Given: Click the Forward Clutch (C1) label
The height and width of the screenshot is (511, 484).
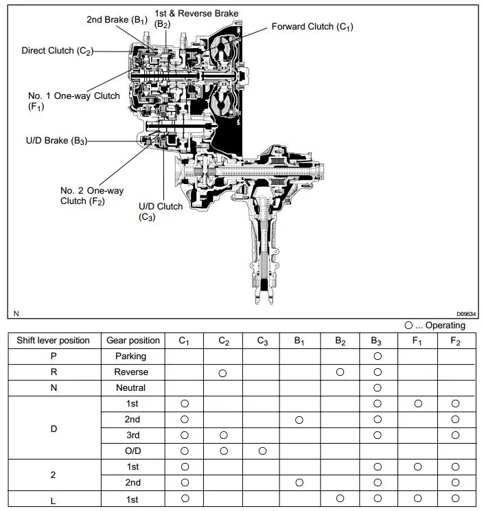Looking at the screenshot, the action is pyautogui.click(x=312, y=27).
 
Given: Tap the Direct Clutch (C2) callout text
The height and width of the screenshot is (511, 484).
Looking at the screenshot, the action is pyautogui.click(x=57, y=51).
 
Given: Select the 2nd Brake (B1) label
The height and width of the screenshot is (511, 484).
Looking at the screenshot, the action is pyautogui.click(x=117, y=20).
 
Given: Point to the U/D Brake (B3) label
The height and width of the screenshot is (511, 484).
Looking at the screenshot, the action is pyautogui.click(x=57, y=141).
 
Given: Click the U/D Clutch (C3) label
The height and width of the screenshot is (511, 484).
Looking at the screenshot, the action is pyautogui.click(x=161, y=212).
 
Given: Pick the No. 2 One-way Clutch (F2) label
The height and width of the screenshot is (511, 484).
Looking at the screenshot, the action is pyautogui.click(x=92, y=196).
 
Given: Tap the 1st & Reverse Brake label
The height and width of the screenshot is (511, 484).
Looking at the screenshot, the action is pyautogui.click(x=196, y=14).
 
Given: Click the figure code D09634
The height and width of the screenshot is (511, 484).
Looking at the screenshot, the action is pyautogui.click(x=466, y=314).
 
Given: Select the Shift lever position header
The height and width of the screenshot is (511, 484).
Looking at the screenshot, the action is pyautogui.click(x=53, y=341).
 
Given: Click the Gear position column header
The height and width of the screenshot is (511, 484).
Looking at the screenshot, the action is pyautogui.click(x=133, y=341).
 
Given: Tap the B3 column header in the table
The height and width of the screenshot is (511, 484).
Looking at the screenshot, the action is pyautogui.click(x=376, y=341).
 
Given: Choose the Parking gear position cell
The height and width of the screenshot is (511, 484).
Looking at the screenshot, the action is pyautogui.click(x=130, y=356).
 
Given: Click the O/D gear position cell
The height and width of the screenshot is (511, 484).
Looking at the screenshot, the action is pyautogui.click(x=133, y=451).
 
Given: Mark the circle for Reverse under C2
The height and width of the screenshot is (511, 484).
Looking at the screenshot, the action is pyautogui.click(x=222, y=373).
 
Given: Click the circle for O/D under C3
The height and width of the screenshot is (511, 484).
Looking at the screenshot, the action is pyautogui.click(x=262, y=451).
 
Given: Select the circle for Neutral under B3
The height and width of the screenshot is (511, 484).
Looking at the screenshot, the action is pyautogui.click(x=378, y=388).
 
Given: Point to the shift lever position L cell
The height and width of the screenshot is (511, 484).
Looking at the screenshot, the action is pyautogui.click(x=53, y=501).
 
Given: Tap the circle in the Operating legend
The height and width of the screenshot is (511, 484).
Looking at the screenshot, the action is pyautogui.click(x=408, y=326).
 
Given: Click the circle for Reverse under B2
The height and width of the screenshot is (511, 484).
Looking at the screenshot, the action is pyautogui.click(x=340, y=372).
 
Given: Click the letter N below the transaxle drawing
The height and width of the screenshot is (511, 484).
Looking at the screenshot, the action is pyautogui.click(x=16, y=313).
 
